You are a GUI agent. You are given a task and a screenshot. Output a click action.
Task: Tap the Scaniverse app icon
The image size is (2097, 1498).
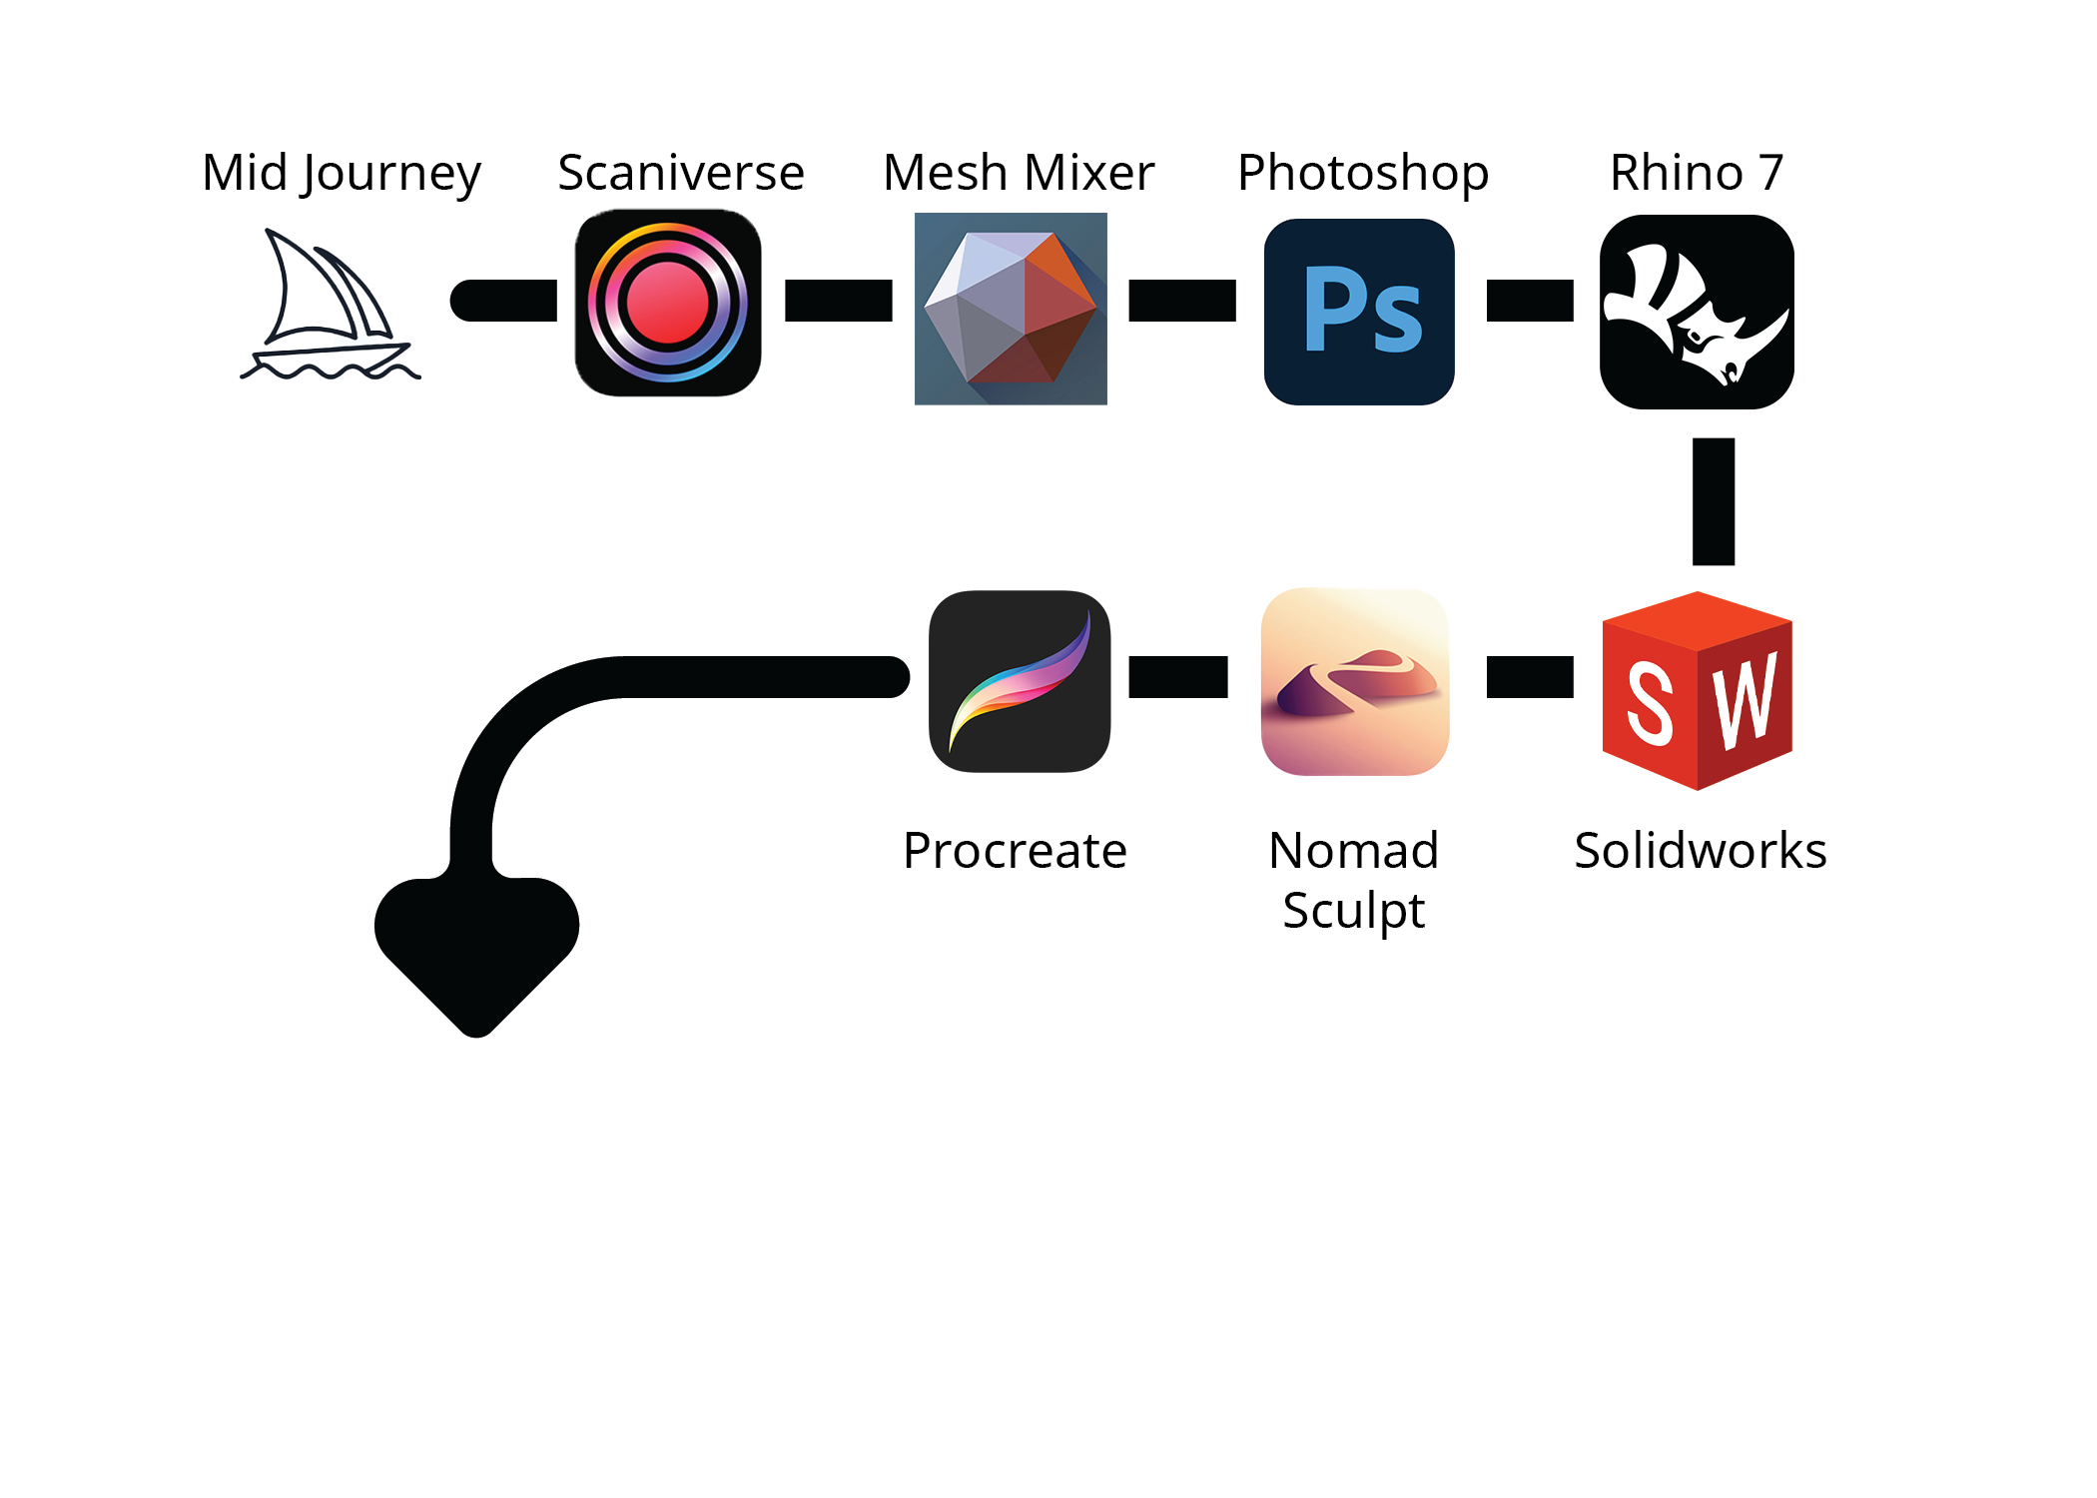[x=668, y=303]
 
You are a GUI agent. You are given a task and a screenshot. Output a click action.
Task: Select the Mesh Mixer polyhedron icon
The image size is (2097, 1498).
[x=1011, y=309]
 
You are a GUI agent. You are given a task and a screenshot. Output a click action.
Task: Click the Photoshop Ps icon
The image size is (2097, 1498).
[x=1359, y=312]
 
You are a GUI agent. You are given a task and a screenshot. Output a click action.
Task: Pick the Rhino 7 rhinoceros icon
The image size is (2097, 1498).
[x=1697, y=312]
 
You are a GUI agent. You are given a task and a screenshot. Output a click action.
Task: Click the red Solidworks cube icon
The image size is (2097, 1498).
[x=1697, y=691]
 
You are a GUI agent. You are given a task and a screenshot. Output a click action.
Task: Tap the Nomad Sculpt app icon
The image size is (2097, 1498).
[x=1355, y=682]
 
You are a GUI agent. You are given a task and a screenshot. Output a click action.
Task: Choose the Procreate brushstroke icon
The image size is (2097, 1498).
[x=1020, y=681]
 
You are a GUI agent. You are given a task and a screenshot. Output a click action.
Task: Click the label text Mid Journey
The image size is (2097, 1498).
[x=342, y=173]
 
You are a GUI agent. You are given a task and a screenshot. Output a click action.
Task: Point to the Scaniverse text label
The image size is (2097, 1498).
[x=681, y=173]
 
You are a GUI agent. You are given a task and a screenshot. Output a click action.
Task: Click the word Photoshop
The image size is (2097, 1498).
[x=1363, y=173]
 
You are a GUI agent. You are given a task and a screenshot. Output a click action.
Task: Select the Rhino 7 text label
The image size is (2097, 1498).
[x=1697, y=173]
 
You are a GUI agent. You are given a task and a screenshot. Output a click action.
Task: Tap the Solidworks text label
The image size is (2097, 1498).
[x=1700, y=851]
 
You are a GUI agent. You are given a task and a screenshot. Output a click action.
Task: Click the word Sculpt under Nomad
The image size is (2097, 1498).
[x=1353, y=911]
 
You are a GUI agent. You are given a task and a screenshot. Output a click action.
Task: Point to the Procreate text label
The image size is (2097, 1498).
[x=1015, y=851]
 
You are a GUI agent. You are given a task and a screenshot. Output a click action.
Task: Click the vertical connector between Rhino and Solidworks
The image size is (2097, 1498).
[x=1714, y=501]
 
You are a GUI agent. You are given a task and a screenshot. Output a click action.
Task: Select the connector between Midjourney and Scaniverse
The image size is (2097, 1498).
[x=504, y=301]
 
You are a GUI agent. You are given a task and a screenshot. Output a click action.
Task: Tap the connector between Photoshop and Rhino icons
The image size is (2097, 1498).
[x=1530, y=301]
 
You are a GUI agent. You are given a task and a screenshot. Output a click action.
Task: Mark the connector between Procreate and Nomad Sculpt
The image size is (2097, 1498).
[x=1178, y=677]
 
